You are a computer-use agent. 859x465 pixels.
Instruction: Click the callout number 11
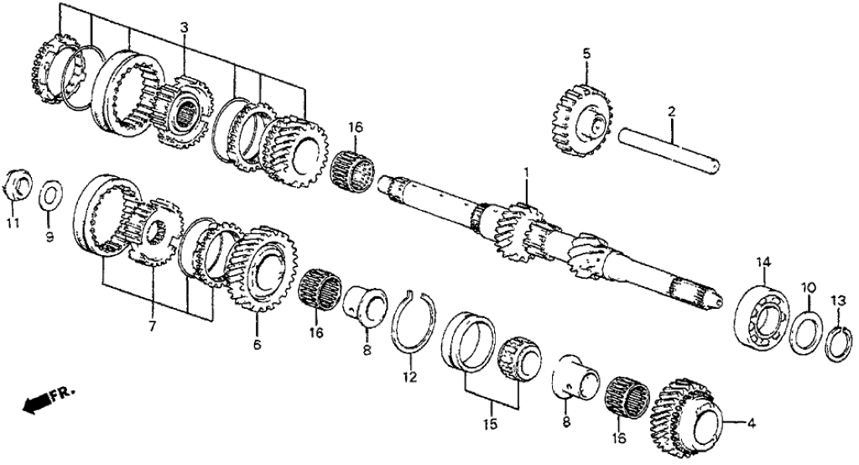click(x=11, y=223)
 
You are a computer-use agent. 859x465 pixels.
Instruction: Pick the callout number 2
click(x=671, y=111)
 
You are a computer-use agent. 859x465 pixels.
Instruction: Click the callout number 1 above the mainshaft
click(x=527, y=173)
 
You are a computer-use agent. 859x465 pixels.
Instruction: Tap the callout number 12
click(x=409, y=377)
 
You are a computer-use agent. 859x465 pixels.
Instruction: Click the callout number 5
click(x=586, y=54)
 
